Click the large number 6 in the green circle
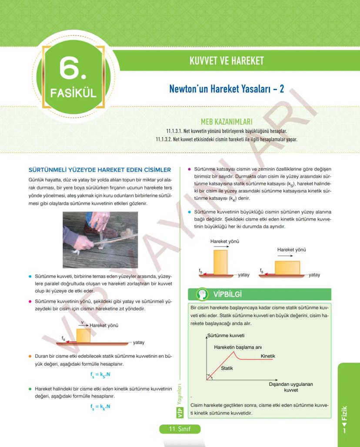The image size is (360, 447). pos(73,69)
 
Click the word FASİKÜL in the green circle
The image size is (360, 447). pos(73,93)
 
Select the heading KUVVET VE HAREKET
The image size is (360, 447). pos(227,61)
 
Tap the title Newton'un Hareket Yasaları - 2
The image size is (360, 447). pos(227,89)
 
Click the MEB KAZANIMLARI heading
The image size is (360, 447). pos(227,122)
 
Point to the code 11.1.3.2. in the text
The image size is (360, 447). pos(167,139)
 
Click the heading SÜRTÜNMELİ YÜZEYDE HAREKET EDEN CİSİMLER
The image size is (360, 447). pos(100,169)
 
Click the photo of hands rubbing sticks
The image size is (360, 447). pos(100,239)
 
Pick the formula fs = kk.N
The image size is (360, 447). pos(100,407)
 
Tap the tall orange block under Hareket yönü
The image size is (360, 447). pos(220,262)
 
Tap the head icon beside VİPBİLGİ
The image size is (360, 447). pos(201,294)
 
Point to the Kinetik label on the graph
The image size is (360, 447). pos(268,356)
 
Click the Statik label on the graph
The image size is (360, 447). pos(227,368)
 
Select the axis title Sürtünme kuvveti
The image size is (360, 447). pos(226,336)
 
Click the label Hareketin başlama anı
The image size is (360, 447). pos(237,347)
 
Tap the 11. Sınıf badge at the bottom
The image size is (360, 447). pos(180,429)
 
